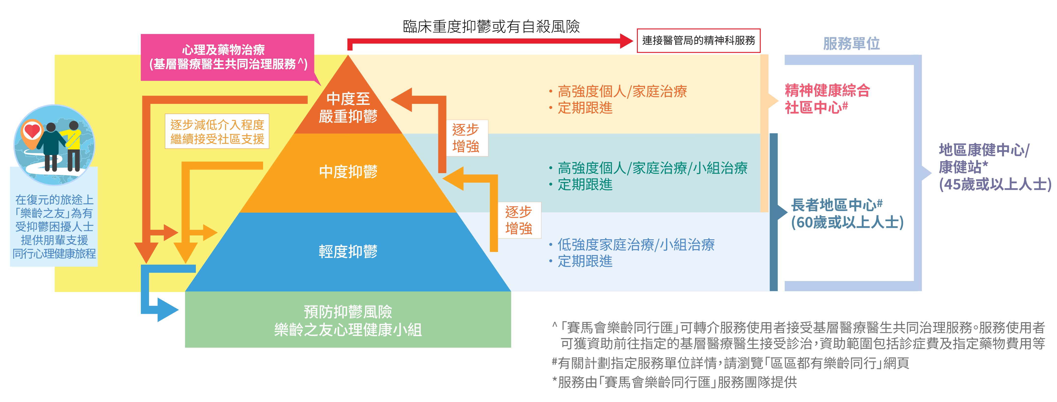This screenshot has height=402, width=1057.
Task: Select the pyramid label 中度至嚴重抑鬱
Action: (x=348, y=107)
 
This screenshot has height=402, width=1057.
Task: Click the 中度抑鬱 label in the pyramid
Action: (x=348, y=171)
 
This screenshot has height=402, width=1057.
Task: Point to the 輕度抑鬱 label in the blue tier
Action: (x=348, y=251)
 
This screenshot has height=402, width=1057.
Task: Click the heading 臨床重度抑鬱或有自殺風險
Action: (x=491, y=26)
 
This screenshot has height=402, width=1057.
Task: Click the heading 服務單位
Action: (x=851, y=43)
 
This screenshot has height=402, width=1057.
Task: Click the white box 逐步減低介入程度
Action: (x=217, y=131)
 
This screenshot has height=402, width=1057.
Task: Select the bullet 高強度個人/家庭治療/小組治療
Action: (x=652, y=168)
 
